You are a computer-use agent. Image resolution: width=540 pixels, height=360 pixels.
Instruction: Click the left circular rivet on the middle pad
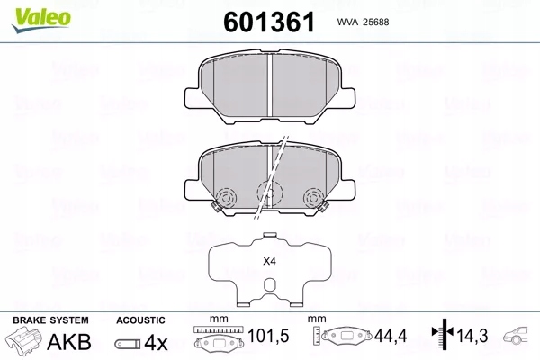click(225, 198)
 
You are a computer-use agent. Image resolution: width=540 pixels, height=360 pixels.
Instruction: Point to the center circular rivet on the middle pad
click(267, 192)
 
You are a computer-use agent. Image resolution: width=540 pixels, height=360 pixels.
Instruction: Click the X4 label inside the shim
click(267, 262)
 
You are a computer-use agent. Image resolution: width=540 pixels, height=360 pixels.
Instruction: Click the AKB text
click(62, 343)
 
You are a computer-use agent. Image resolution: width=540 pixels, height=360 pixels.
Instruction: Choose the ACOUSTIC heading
click(140, 320)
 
